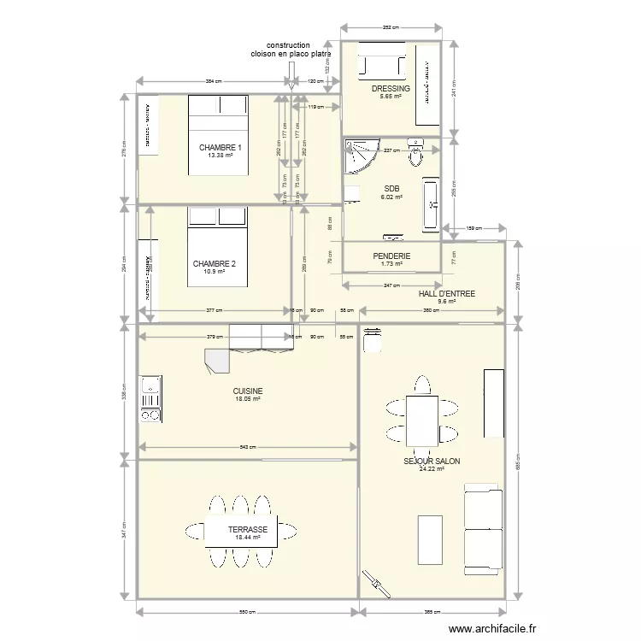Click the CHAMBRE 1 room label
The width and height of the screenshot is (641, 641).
[x=221, y=148]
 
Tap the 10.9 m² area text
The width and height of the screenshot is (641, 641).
[x=214, y=272]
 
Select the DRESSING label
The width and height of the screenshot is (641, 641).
[x=391, y=89]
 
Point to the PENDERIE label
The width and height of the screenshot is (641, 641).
[x=391, y=256]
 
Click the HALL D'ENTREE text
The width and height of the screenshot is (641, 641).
[x=446, y=293]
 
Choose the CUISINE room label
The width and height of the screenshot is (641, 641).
[x=248, y=391]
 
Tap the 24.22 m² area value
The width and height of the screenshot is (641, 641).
[x=432, y=468]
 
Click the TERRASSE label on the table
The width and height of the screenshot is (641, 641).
[x=248, y=530]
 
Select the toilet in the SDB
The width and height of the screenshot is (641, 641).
[x=416, y=155]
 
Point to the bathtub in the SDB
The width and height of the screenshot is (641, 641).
[x=431, y=204]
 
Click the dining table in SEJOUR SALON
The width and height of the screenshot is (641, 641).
[x=422, y=419]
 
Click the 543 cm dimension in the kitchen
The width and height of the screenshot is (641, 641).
[x=246, y=447]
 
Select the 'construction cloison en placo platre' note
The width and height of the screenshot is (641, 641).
[x=291, y=50]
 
